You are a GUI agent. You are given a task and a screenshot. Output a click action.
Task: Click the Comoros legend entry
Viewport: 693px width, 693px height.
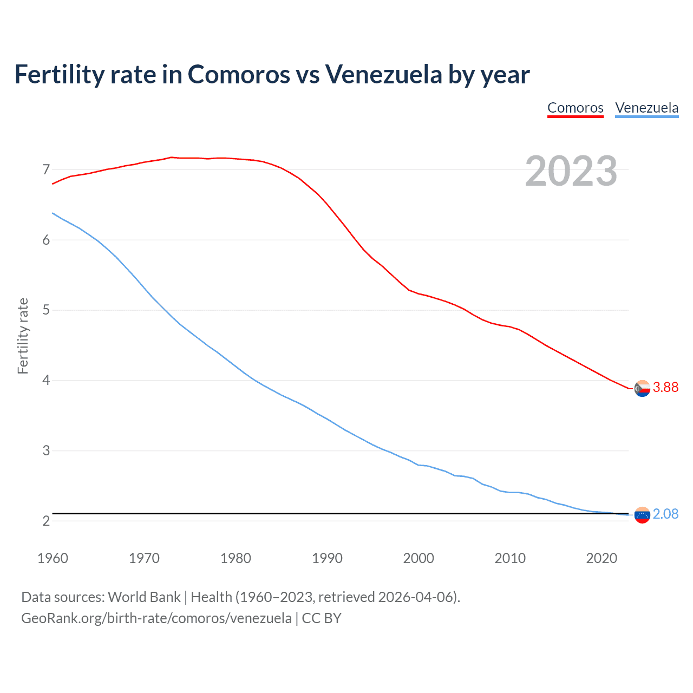(575, 108)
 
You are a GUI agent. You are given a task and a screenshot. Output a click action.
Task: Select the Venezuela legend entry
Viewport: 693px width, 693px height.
(646, 108)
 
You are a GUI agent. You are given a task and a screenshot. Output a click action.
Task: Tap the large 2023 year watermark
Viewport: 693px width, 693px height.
(571, 171)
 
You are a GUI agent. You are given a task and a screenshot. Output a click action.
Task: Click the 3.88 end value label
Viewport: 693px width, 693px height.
(665, 387)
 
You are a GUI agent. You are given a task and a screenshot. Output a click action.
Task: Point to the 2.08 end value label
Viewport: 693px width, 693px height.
(665, 514)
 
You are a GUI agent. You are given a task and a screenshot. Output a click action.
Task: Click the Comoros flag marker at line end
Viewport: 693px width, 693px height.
(642, 388)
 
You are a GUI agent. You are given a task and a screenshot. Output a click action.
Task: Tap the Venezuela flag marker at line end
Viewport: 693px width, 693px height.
(642, 515)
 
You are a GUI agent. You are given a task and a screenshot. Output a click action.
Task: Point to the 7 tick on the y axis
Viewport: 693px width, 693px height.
(46, 170)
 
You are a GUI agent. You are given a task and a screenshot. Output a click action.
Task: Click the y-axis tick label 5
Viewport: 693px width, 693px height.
(46, 310)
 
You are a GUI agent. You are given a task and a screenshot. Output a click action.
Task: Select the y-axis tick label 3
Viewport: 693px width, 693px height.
(46, 450)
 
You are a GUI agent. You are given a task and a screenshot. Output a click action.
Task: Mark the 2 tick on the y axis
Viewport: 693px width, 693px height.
(46, 521)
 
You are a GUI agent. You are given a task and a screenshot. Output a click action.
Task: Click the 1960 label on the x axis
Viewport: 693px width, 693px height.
(53, 558)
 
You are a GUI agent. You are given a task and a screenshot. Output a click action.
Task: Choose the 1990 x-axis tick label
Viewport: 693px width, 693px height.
(327, 558)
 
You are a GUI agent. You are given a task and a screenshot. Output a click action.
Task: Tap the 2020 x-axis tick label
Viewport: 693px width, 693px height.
(602, 558)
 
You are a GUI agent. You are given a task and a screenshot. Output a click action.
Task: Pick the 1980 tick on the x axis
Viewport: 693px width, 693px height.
(236, 558)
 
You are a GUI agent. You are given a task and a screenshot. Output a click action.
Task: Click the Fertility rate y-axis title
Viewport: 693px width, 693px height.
(23, 336)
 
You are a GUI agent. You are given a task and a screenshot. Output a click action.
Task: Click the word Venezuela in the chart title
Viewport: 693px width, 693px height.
(383, 74)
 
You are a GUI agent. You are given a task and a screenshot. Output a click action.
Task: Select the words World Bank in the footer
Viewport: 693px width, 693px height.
(144, 597)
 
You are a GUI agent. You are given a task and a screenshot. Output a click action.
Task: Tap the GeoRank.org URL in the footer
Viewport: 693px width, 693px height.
(156, 618)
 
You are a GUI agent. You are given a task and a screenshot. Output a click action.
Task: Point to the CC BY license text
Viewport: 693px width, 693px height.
(322, 618)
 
